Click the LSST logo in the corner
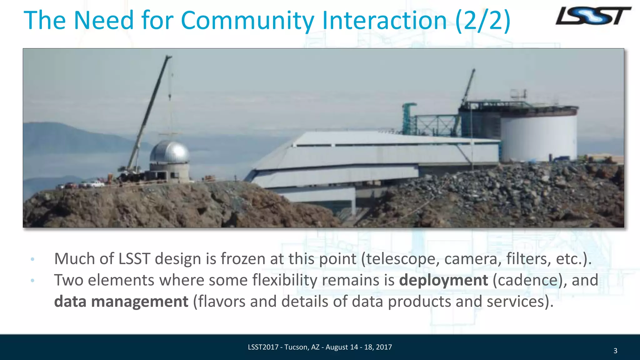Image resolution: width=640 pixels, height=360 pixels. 593,16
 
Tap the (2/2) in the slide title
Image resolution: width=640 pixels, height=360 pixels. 483,21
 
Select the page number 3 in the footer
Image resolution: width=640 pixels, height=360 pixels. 615,351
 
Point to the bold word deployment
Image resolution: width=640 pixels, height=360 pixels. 443,280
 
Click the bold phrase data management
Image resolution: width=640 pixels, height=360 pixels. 121,302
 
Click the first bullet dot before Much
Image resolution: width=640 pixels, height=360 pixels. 32,259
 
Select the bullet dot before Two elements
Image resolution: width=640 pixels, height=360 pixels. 32,281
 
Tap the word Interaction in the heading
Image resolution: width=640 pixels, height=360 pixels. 384,21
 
